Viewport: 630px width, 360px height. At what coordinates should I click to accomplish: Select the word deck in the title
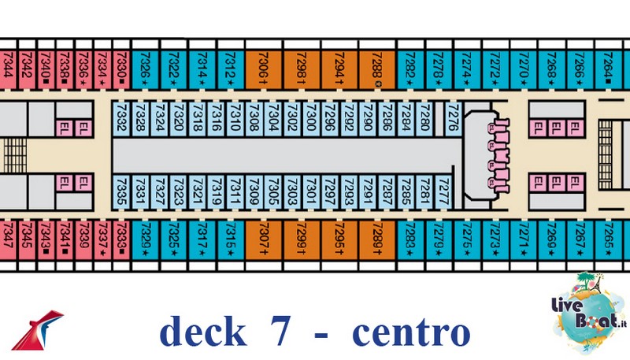click(x=202, y=332)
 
